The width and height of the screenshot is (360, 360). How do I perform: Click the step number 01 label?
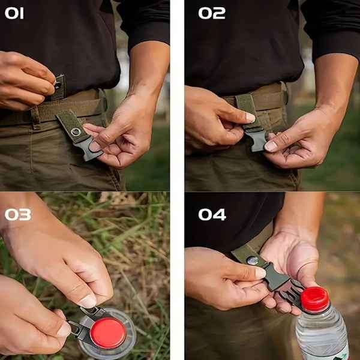15,13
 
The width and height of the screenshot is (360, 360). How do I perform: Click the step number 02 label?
211,13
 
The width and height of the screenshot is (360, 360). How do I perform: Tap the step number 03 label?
17,214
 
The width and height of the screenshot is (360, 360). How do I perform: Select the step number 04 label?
212,214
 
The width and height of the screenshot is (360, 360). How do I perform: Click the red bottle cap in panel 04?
315,299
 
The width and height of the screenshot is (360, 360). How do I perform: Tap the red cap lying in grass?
108,332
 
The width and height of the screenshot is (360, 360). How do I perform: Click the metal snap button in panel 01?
76,131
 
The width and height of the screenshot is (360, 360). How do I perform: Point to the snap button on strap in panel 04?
253,260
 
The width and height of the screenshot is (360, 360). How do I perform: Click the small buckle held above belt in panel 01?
58,87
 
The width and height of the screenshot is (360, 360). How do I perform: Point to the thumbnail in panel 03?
88,301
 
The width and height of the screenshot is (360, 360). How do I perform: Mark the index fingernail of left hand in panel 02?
250,118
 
